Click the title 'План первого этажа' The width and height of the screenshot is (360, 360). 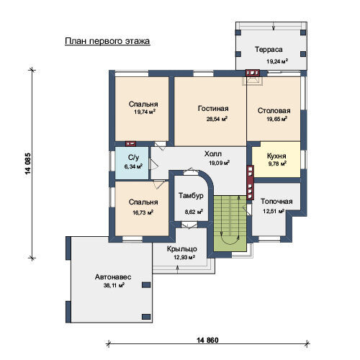point(107,41)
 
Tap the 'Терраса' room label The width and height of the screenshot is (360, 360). point(269,50)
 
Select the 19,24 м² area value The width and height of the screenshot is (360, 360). point(277,61)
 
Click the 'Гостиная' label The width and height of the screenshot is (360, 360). point(213,109)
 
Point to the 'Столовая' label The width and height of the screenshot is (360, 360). point(274,111)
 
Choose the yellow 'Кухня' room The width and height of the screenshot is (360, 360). point(276,159)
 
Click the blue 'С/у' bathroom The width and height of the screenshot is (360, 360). point(132,163)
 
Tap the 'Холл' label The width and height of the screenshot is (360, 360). point(213,153)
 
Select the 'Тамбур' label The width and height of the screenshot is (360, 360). point(191,196)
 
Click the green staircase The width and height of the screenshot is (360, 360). point(230,223)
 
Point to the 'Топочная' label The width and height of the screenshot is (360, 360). point(276,201)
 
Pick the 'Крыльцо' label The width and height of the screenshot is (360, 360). point(182,249)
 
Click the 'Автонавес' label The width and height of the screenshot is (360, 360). point(113,277)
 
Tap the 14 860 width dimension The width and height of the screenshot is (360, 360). point(207,340)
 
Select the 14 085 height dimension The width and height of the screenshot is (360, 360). point(28,163)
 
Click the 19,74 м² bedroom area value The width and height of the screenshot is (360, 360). point(145,112)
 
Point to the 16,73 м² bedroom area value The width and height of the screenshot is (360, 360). point(143,212)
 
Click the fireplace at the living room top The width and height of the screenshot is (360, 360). point(252,77)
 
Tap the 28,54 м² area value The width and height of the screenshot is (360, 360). point(217,119)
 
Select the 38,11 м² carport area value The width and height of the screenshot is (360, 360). point(114,285)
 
